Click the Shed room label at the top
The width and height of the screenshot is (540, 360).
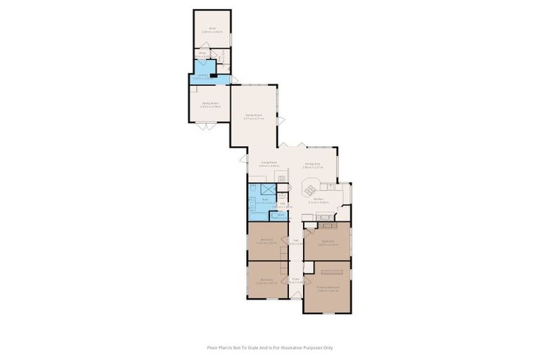click(212, 30)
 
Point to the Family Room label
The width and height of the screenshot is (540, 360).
click(253, 116)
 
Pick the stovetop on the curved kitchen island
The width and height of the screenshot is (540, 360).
click(310, 188)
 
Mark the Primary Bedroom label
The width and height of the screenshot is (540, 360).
click(328, 288)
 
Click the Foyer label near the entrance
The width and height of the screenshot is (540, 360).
click(296, 280)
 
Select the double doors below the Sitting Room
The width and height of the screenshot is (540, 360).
click(205, 127)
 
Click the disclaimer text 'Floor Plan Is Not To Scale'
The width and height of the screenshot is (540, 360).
click(269, 347)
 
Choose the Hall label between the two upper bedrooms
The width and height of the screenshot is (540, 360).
click(296, 243)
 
